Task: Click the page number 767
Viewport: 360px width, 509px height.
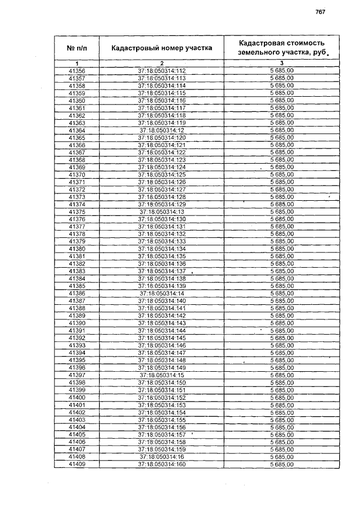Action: click(321, 12)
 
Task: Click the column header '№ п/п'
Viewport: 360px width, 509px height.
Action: click(76, 48)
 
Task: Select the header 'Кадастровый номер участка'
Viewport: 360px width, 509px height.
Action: click(161, 48)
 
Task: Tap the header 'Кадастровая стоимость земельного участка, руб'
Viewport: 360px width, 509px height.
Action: click(281, 47)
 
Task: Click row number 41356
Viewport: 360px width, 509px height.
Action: click(76, 71)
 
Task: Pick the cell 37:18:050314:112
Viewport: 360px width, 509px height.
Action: click(161, 71)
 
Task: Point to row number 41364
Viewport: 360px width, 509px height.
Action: click(76, 130)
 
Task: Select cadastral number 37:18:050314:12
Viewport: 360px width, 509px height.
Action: click(161, 130)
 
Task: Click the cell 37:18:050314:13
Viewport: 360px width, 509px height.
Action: click(161, 211)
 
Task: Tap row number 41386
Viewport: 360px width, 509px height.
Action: click(76, 294)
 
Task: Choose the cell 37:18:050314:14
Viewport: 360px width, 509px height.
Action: click(161, 294)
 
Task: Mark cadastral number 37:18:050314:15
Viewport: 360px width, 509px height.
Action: click(161, 375)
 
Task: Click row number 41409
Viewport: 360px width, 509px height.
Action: click(76, 465)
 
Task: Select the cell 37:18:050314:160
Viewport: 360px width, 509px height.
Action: click(161, 465)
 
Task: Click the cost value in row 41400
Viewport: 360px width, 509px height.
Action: click(282, 398)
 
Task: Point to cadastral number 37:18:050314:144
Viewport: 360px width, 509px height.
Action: click(161, 331)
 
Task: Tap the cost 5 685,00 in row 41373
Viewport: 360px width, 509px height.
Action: click(282, 197)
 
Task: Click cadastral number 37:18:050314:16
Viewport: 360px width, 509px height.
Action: click(161, 457)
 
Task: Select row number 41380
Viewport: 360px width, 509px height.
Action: click(76, 249)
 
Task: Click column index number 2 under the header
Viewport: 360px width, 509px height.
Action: click(161, 63)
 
